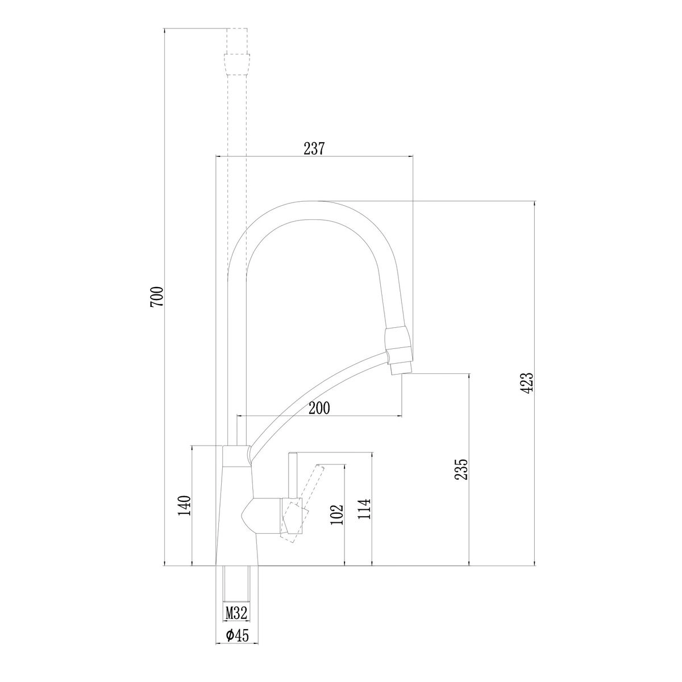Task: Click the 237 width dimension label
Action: (x=314, y=149)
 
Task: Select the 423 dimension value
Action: (x=527, y=383)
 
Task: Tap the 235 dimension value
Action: (x=461, y=469)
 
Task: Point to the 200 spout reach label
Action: (x=319, y=408)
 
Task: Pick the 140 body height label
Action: (x=184, y=506)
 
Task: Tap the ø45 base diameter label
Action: (x=237, y=645)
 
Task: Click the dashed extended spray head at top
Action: (x=237, y=64)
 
